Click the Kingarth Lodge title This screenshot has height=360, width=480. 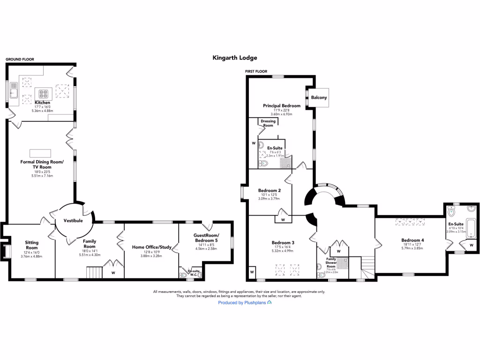click(x=235, y=58)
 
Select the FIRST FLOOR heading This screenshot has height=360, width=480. click(x=256, y=71)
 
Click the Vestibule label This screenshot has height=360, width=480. click(x=73, y=220)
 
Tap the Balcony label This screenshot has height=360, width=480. click(x=319, y=97)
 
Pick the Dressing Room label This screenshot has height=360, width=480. click(x=268, y=123)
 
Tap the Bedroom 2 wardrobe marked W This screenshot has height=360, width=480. click(x=283, y=219)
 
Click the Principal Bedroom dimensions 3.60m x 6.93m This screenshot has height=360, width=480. click(x=281, y=114)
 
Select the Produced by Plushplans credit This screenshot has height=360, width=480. click(x=245, y=303)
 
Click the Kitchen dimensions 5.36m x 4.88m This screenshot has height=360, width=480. click(x=42, y=111)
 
